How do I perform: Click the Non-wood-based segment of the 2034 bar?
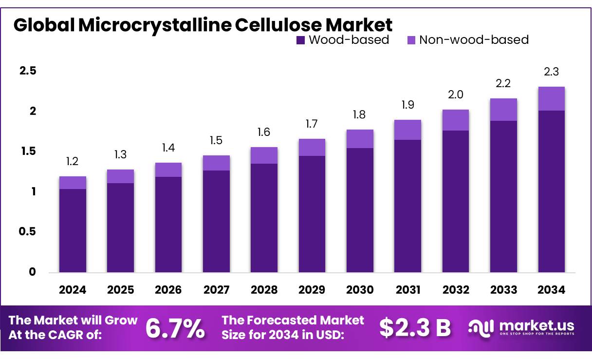(x=551, y=98)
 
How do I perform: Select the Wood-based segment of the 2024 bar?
(x=73, y=230)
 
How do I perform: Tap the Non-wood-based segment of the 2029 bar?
(x=312, y=147)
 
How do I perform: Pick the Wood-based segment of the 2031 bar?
(x=407, y=206)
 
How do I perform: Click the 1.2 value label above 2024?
(x=73, y=161)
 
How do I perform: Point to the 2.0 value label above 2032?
(x=455, y=95)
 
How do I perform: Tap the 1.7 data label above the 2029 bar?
(x=312, y=124)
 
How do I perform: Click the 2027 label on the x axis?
(x=216, y=290)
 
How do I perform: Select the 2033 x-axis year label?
(x=503, y=290)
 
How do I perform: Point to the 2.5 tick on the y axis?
(x=28, y=71)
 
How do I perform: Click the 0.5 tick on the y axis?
(x=28, y=231)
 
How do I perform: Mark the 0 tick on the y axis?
(x=33, y=272)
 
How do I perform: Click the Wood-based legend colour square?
(x=300, y=40)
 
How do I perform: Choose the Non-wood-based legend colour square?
(x=411, y=40)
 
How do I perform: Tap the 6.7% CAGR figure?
(x=175, y=329)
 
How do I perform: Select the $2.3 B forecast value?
(x=415, y=328)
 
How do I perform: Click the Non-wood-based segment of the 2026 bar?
(x=168, y=170)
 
